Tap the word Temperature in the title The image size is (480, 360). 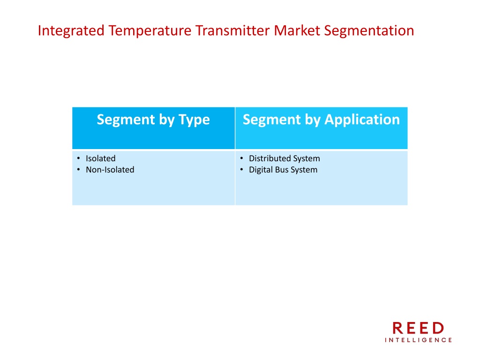click(x=150, y=30)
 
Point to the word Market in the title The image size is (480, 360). click(x=297, y=30)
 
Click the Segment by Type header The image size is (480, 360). click(x=153, y=120)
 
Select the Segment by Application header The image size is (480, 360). click(x=321, y=120)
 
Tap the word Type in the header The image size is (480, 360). click(x=195, y=120)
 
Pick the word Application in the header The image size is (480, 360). click(x=362, y=120)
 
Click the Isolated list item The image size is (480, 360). click(x=101, y=158)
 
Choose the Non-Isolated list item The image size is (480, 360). click(x=110, y=170)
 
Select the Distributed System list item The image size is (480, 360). click(x=285, y=158)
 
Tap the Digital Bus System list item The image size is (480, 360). click(x=283, y=170)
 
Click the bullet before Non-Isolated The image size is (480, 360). click(x=79, y=170)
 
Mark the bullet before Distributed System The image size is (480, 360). click(x=242, y=158)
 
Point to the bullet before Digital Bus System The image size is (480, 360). click(x=242, y=170)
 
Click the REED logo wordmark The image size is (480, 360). click(x=418, y=328)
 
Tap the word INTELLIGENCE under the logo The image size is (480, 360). click(x=418, y=340)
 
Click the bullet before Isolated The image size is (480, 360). click(x=79, y=158)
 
